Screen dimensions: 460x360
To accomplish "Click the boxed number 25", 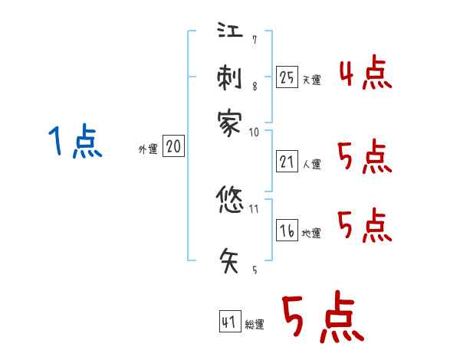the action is pos(287,77).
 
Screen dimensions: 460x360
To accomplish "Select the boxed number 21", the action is pos(287,161).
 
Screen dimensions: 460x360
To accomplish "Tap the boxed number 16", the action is pos(287,231).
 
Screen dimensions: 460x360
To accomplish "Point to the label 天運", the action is pos(311,80).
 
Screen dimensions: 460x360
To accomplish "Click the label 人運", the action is pos(311,164).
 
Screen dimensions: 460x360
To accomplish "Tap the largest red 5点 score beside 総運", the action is pos(322,318).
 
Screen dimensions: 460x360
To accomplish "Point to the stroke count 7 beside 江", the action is pos(254,39).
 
